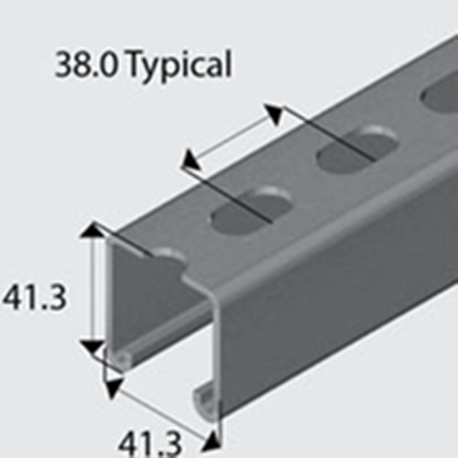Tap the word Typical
click(x=179, y=66)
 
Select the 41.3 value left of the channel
click(x=34, y=297)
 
